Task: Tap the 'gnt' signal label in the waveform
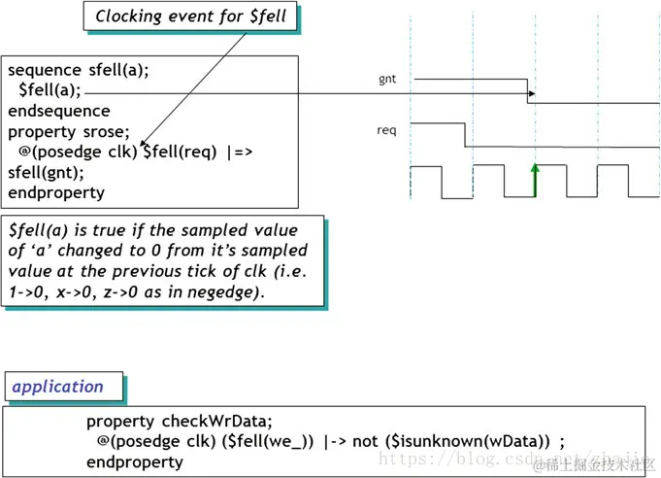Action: [387, 78]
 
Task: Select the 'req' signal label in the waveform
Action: [387, 130]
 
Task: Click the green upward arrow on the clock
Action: [535, 180]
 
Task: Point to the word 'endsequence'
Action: [59, 111]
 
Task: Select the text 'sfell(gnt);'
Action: [46, 172]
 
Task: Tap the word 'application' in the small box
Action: [57, 386]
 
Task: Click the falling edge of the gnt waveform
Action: [529, 90]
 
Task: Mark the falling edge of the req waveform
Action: [466, 135]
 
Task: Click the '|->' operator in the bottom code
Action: [335, 441]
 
